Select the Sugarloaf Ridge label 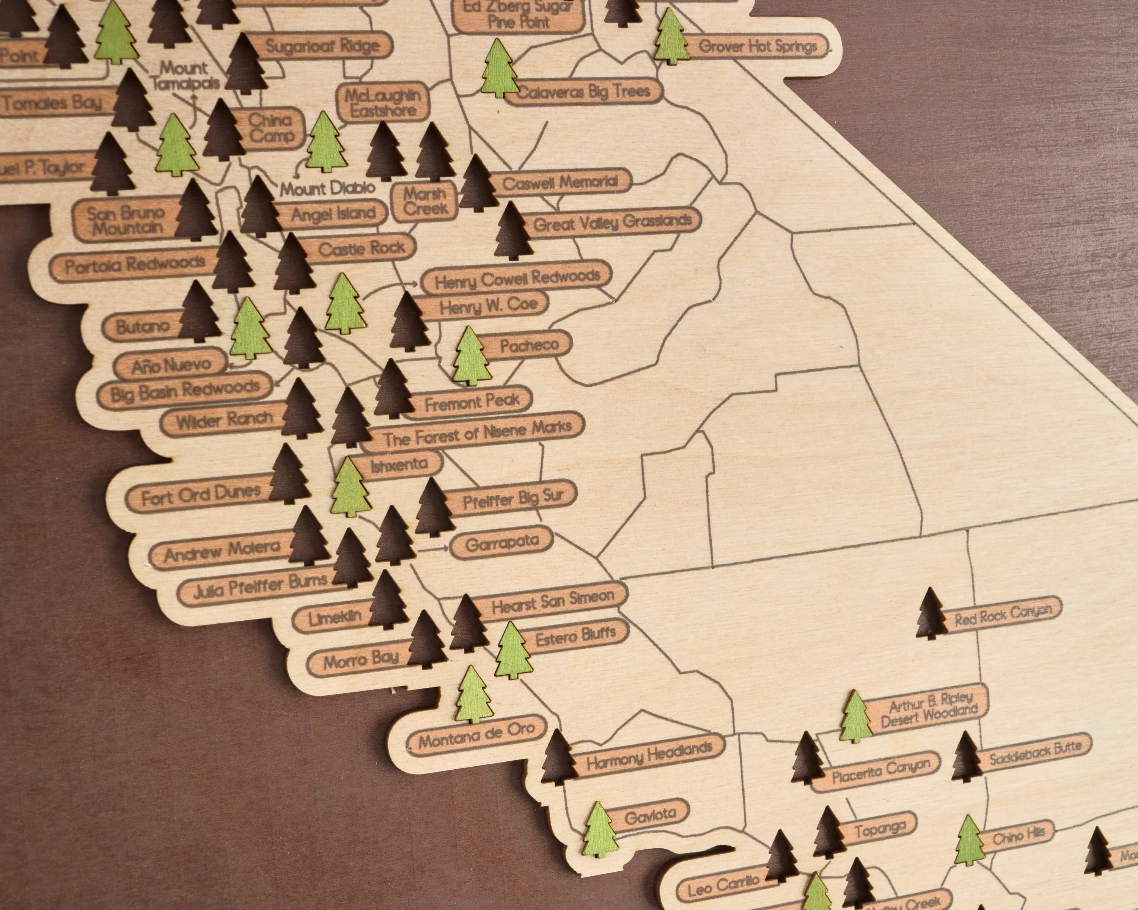click(x=322, y=46)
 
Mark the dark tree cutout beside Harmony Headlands click(x=558, y=758)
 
